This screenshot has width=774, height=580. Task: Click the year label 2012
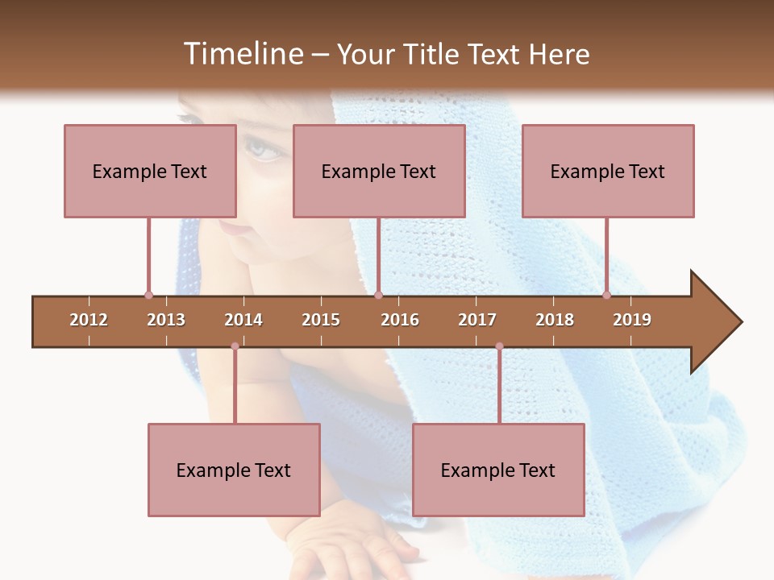click(x=89, y=320)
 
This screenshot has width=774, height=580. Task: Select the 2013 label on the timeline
click(x=166, y=320)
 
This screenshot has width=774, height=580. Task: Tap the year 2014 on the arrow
click(x=243, y=320)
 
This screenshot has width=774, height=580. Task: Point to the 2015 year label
click(x=321, y=320)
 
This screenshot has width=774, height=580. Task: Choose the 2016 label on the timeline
click(x=400, y=320)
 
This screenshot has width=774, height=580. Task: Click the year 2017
click(x=477, y=320)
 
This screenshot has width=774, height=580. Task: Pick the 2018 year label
click(x=555, y=320)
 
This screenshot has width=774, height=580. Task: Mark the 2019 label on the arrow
click(x=632, y=320)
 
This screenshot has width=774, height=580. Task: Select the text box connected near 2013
click(x=150, y=171)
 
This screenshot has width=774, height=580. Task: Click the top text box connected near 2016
click(x=379, y=171)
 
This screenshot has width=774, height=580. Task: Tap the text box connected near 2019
click(x=608, y=171)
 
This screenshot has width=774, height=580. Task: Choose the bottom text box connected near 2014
click(x=234, y=470)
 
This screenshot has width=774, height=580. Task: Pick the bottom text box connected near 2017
click(x=498, y=470)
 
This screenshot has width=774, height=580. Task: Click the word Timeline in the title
click(x=242, y=54)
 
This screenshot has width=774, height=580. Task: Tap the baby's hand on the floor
click(x=355, y=548)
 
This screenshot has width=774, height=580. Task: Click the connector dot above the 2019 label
click(x=606, y=295)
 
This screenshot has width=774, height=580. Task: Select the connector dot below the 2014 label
click(x=235, y=346)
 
